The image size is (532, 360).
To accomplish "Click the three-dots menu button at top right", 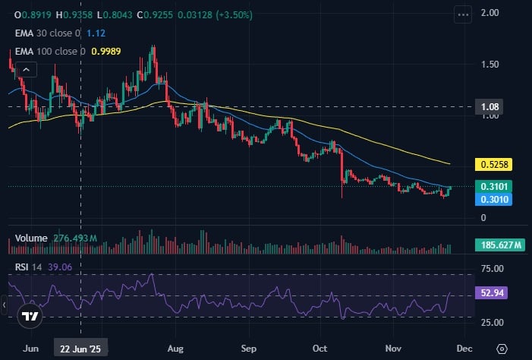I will point(463,14).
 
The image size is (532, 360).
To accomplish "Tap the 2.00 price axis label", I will point(490,13).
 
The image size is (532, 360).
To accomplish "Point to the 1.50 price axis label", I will point(490,65).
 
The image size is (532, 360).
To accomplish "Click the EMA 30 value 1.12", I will point(96,33).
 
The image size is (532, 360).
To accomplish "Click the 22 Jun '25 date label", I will point(81,348).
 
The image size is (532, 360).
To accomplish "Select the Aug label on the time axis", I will point(176,348).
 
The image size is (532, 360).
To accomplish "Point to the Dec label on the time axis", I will point(464,348).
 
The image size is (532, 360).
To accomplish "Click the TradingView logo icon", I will point(30,317).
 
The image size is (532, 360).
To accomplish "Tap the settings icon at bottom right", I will point(502,348).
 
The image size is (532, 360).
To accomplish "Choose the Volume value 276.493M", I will point(75,238).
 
